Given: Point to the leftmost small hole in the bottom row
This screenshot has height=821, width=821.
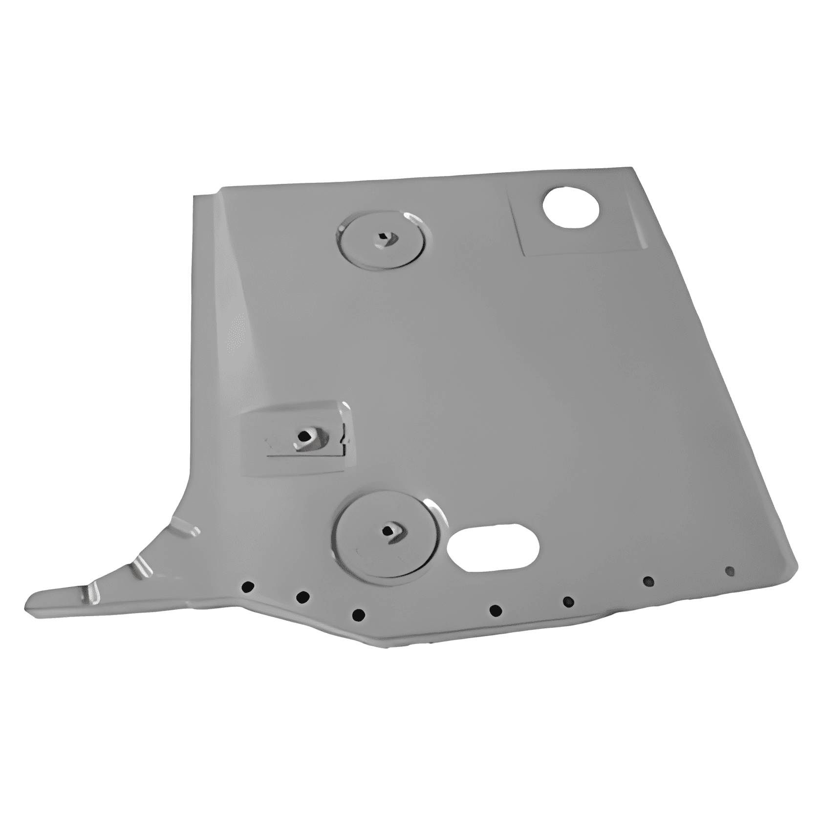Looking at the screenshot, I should point(248,586).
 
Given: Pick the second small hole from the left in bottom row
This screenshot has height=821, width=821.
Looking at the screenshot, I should point(303,597).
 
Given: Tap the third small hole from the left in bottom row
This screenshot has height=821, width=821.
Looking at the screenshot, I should point(359,614).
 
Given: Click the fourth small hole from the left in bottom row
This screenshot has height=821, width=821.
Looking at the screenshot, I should point(496,610).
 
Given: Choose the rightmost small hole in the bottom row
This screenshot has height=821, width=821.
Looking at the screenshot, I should point(729,570).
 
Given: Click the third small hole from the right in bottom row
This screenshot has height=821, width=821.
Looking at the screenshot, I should point(568,602).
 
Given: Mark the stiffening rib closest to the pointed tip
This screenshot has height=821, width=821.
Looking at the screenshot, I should point(92,592).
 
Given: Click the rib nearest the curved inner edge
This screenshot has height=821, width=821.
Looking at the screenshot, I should point(185,530).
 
